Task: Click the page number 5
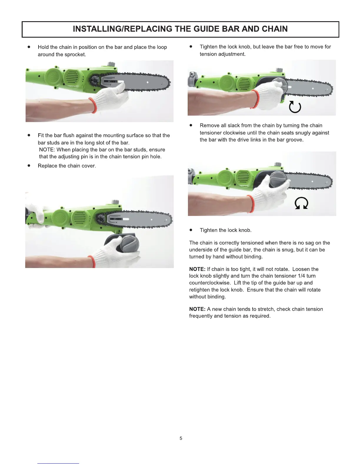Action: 181,438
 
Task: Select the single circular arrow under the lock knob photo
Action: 295,106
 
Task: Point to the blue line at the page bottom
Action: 58,463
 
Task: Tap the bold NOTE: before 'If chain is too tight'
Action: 197,269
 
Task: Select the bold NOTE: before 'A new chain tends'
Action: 197,309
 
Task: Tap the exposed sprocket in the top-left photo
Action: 94,81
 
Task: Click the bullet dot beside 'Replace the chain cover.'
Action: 29,166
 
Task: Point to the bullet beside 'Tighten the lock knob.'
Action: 191,230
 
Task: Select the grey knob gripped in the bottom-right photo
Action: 278,179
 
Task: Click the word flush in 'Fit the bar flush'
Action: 69,135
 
